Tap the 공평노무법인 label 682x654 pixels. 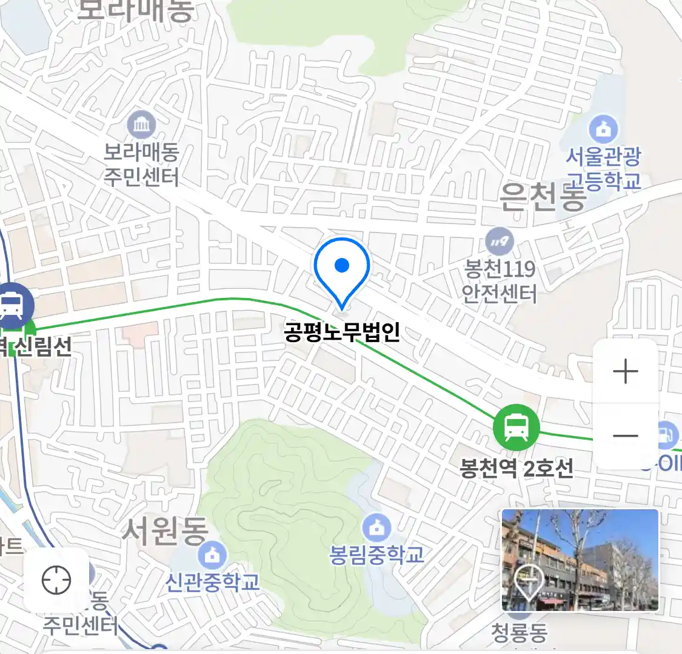coord(342,332)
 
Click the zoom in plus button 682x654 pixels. coord(625,371)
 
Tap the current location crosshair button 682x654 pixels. coord(56,580)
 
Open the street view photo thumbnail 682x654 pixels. coord(580,560)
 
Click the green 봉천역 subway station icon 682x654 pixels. coord(516,427)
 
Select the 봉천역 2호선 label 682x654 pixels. coord(517,468)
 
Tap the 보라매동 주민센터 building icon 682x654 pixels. coord(142,126)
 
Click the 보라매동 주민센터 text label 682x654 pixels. coord(141,165)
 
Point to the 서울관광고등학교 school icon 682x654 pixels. coord(603,129)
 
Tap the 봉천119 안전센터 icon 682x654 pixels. coord(500,242)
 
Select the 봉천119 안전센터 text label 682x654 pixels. coord(500,281)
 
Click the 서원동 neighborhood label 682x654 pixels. coord(165,530)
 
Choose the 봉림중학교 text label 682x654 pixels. coord(376,555)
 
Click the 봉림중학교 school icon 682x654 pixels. coord(376,528)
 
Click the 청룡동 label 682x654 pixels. coord(519,633)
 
